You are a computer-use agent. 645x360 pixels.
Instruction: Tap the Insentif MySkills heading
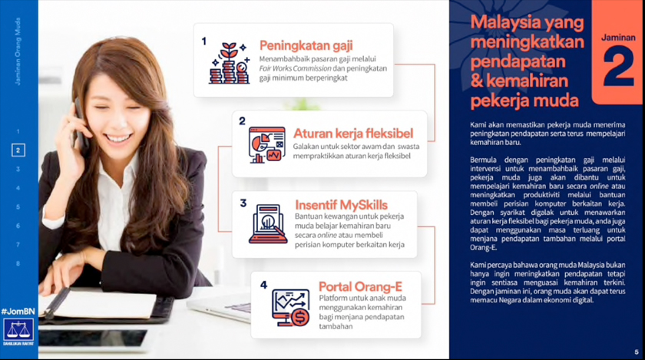pos(341,205)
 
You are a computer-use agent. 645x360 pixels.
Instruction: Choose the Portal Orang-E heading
pos(360,286)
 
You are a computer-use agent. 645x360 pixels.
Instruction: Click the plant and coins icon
pos(229,63)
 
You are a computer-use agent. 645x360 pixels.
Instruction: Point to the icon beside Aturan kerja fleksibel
pos(266,145)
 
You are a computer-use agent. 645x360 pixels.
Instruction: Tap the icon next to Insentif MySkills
pos(268,223)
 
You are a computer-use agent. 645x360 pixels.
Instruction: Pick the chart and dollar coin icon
pos(290,307)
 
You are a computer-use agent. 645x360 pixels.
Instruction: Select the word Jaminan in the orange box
pos(617,37)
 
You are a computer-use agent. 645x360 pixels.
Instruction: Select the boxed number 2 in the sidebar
pos(18,150)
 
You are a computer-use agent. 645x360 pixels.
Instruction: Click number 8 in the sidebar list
pos(18,263)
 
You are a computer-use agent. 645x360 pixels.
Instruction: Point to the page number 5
pos(636,352)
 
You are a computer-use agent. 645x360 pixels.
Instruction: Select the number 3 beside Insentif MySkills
pos(243,203)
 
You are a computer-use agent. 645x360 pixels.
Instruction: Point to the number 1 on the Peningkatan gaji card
pos(203,41)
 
